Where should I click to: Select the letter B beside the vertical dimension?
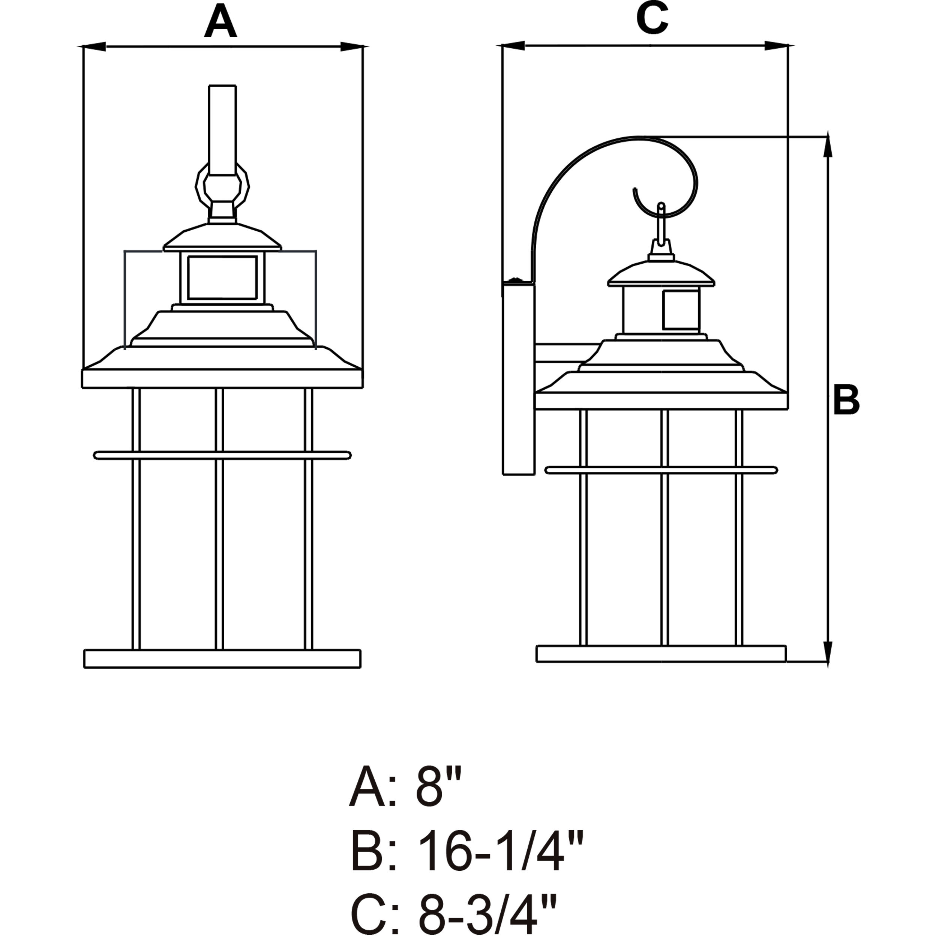(x=846, y=400)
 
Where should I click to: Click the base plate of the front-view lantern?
(x=222, y=658)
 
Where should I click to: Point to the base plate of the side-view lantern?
(x=661, y=654)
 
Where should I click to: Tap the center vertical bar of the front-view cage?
(x=219, y=518)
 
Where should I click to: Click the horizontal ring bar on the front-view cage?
(x=222, y=455)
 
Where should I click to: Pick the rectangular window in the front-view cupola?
(x=222, y=277)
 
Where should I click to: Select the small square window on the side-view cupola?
(x=680, y=310)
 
